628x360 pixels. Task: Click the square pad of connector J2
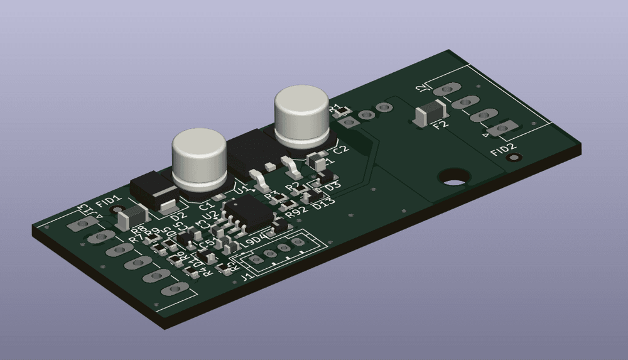tap(502, 129)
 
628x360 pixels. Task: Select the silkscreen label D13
tap(324, 204)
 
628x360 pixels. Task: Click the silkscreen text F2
tap(440, 125)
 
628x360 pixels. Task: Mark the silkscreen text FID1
tap(107, 202)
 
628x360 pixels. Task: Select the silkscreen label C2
tap(340, 150)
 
